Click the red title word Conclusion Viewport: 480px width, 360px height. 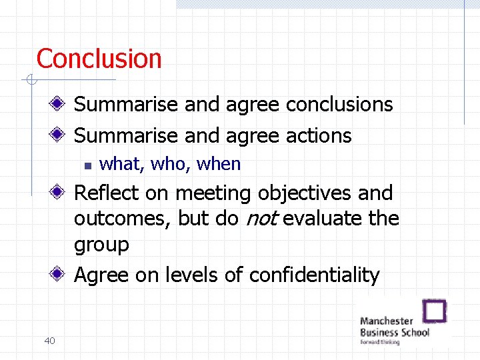99,59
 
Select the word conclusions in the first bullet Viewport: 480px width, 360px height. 339,105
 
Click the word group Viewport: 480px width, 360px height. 101,245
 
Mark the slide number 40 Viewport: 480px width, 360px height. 49,341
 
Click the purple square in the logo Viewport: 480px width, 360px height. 435,311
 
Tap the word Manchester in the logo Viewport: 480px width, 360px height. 386,321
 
